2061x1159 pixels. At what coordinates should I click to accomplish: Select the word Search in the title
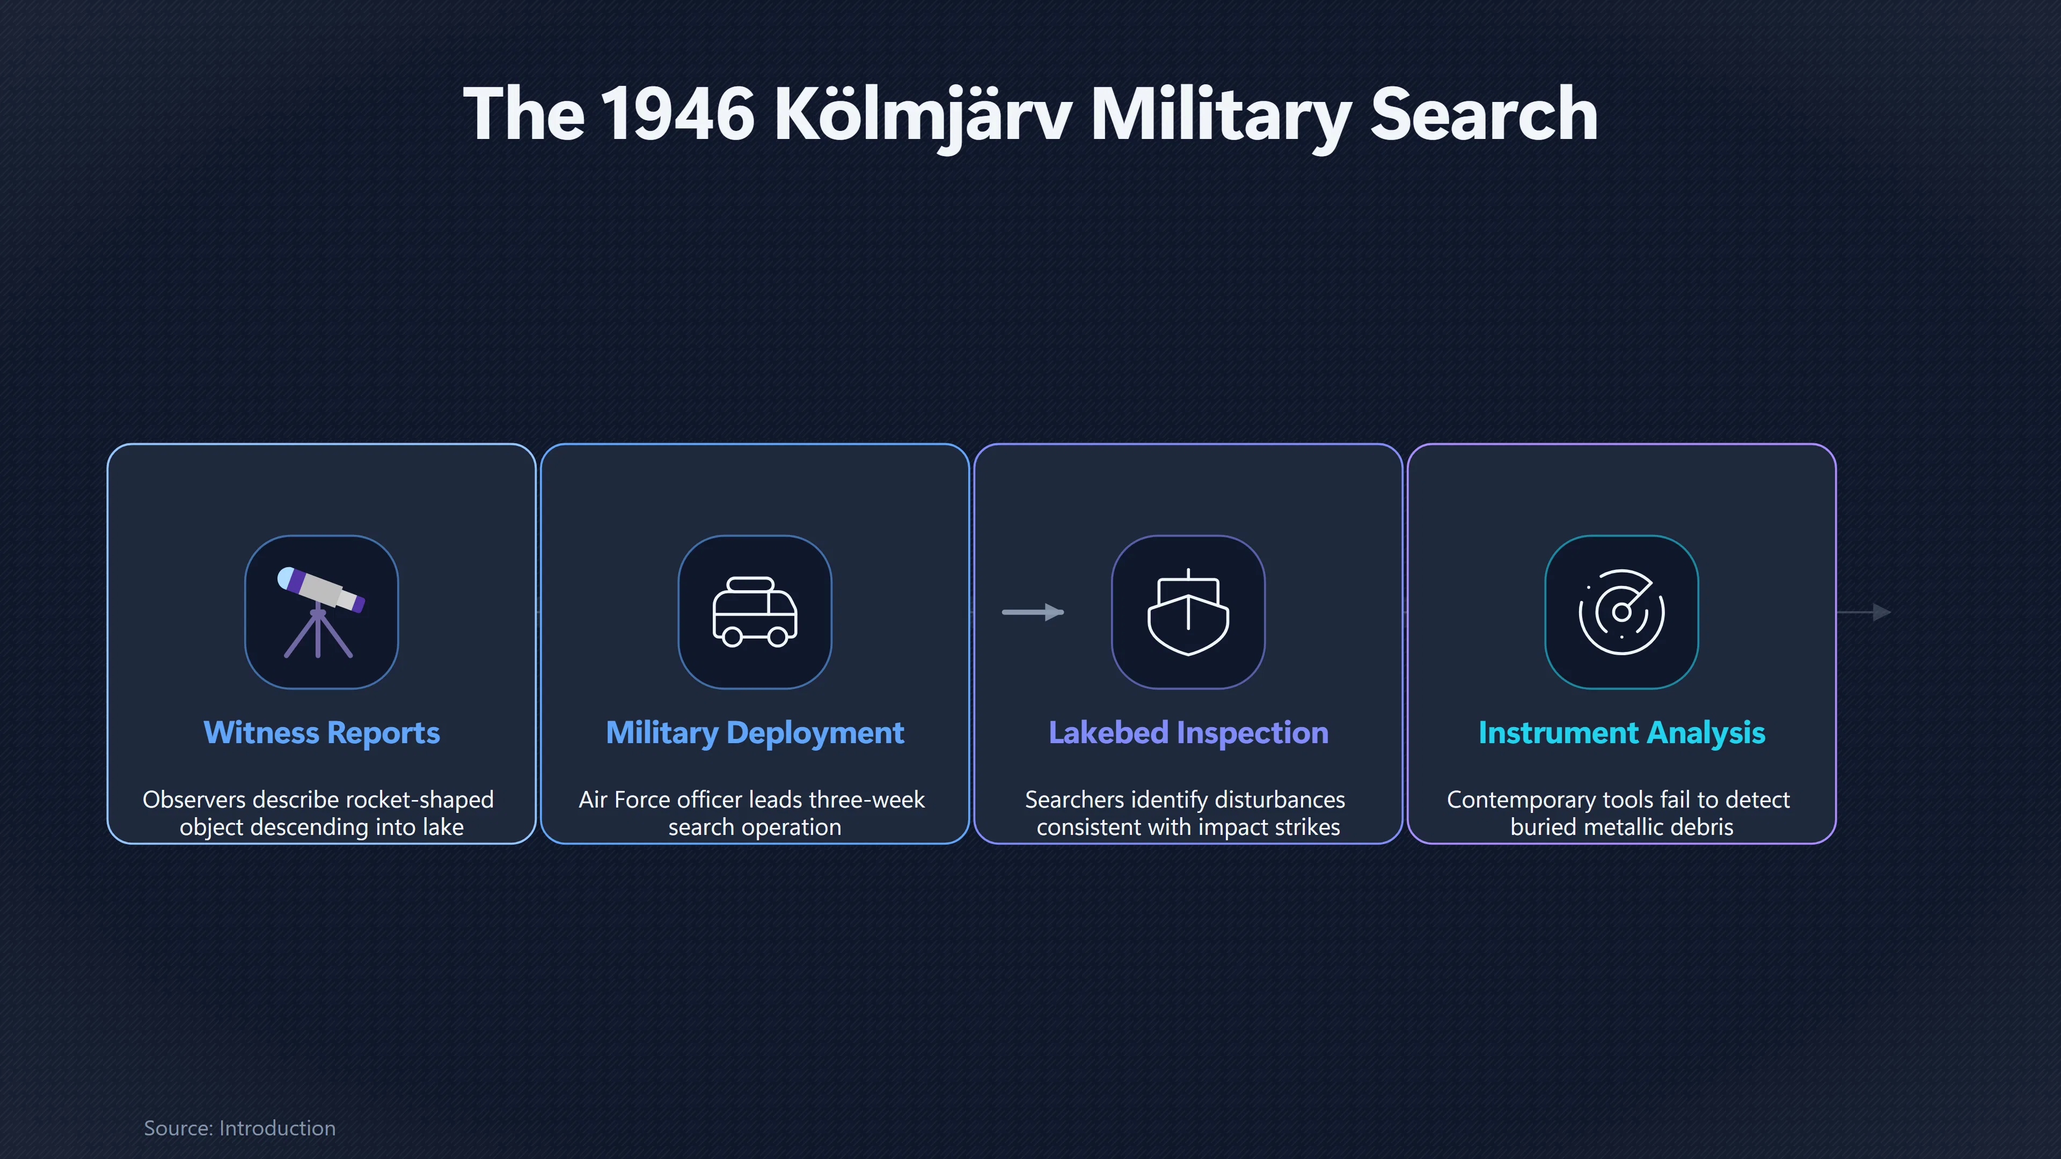(x=1484, y=114)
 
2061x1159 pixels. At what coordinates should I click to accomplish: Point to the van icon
(x=755, y=612)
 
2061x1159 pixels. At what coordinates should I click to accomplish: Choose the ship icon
(x=1188, y=612)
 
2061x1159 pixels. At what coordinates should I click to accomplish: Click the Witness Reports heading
(x=321, y=732)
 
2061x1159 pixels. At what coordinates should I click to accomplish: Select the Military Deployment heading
(x=755, y=732)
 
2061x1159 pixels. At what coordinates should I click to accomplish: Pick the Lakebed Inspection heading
(x=1188, y=732)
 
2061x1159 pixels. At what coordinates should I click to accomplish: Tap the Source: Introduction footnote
(x=239, y=1128)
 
